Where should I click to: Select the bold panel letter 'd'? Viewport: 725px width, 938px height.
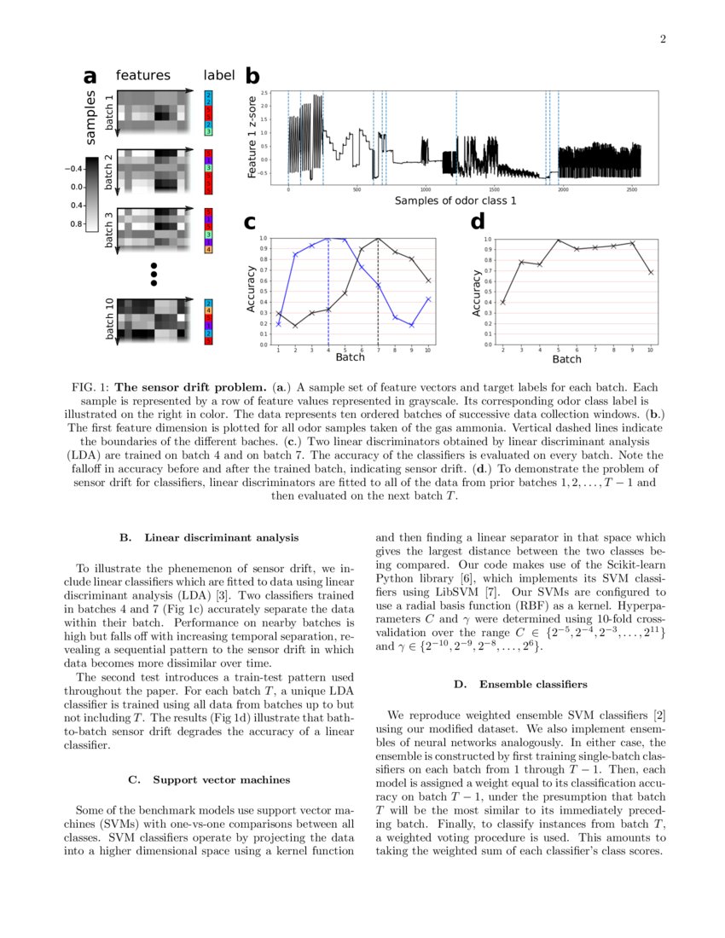coord(478,222)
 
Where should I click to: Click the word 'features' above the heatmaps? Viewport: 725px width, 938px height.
coord(142,76)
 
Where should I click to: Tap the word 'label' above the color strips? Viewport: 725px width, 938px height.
coord(218,76)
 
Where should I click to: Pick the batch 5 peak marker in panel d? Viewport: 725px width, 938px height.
coord(558,240)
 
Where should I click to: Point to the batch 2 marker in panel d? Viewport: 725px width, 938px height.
coord(502,302)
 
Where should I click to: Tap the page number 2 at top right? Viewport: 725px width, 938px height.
coord(662,39)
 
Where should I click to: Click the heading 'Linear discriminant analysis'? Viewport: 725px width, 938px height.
coord(222,538)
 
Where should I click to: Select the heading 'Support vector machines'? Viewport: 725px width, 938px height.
coord(221,779)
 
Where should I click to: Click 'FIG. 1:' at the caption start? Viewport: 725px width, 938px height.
coord(90,387)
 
